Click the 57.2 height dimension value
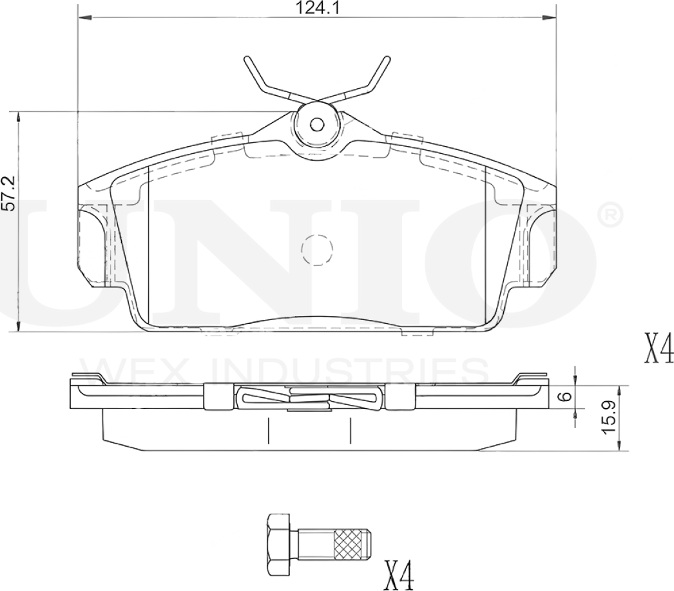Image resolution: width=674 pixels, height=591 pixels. coord(8,194)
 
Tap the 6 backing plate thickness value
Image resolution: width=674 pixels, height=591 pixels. coord(565,397)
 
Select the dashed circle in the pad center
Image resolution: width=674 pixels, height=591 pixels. coord(316,249)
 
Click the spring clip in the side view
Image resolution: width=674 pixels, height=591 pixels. coord(309,397)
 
